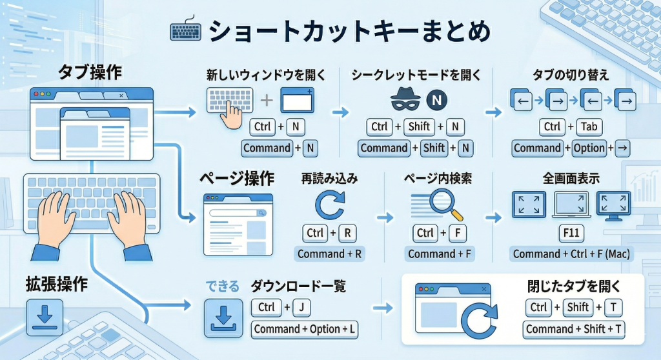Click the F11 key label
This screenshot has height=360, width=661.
(571, 233)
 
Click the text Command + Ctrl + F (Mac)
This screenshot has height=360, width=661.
(571, 254)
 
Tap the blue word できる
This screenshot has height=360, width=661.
(222, 285)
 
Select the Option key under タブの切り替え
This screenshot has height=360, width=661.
(589, 148)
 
